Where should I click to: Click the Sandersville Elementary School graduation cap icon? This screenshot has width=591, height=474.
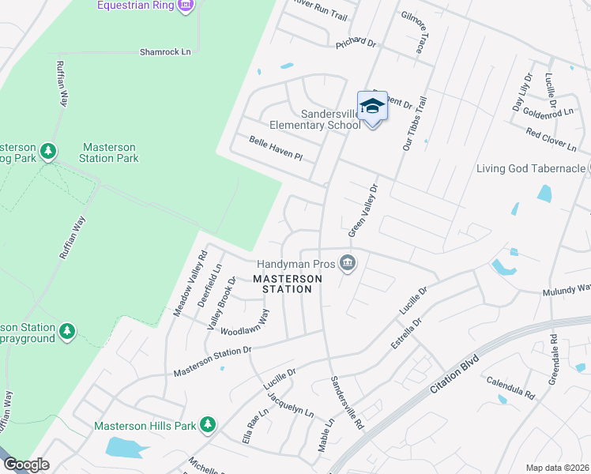tap(372, 105)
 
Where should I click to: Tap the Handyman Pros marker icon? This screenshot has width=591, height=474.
tap(347, 263)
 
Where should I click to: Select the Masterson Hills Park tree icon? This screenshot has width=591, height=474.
tap(208, 425)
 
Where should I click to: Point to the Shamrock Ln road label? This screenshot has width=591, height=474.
tap(165, 52)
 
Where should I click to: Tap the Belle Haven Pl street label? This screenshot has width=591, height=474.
tap(276, 148)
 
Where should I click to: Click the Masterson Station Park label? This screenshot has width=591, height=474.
tap(108, 152)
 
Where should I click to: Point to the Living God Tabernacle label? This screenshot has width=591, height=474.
tap(529, 168)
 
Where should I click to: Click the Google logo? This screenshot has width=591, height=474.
tap(26, 465)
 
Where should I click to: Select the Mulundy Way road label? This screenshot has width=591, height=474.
tap(566, 292)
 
